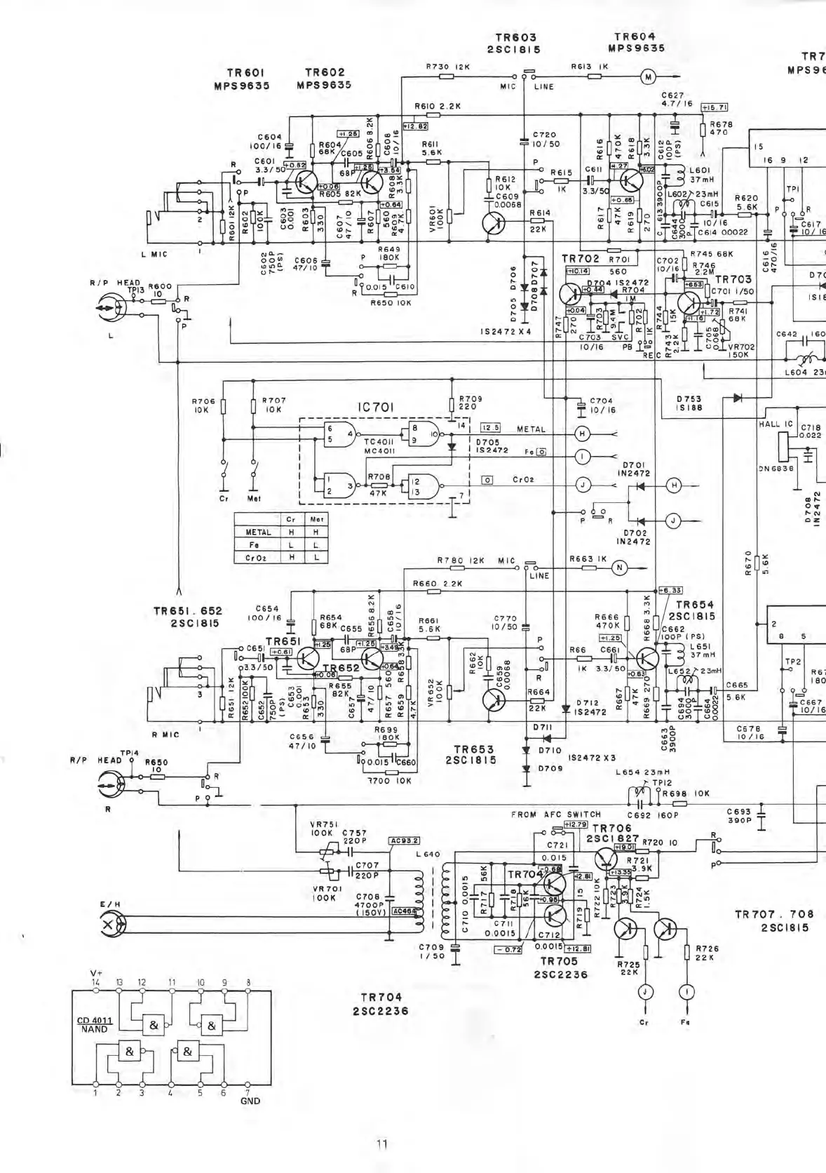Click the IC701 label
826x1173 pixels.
point(376,408)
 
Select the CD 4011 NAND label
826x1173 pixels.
point(95,1024)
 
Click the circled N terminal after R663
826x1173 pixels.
point(619,568)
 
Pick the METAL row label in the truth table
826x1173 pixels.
point(258,532)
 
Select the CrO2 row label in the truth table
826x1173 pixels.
point(258,558)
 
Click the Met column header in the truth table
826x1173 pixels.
point(316,519)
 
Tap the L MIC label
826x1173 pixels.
point(155,255)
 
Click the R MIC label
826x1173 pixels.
point(165,735)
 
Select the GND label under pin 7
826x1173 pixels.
point(250,1101)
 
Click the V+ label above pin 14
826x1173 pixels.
point(97,973)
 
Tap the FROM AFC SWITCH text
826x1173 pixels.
point(556,815)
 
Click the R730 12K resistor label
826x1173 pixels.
point(447,67)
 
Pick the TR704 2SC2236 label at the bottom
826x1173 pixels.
point(381,1004)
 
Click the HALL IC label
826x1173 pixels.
point(776,424)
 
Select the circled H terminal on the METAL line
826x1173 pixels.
point(581,434)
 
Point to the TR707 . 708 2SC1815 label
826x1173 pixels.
point(774,920)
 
